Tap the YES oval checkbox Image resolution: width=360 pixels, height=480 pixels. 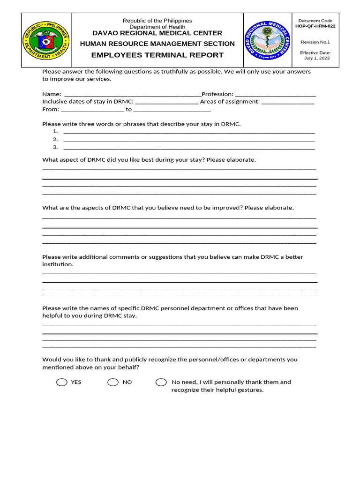click(x=62, y=382)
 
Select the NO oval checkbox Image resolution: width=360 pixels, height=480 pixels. click(x=113, y=382)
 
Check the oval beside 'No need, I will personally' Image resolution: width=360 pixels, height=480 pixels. click(x=161, y=382)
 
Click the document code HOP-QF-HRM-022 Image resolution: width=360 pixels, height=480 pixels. click(x=315, y=27)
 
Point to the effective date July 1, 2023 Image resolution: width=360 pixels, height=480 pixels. click(x=317, y=58)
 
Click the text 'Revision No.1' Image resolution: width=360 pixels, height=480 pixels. click(x=315, y=42)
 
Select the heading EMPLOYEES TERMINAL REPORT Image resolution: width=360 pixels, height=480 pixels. click(x=157, y=55)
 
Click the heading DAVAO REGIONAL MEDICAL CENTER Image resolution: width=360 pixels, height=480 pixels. click(x=157, y=33)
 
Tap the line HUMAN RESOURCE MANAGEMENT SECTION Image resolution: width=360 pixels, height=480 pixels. click(x=157, y=44)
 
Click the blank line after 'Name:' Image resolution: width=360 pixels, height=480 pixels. click(x=132, y=95)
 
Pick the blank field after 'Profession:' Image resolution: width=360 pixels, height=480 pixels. click(x=275, y=95)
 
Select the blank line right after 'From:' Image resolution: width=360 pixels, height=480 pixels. click(x=92, y=110)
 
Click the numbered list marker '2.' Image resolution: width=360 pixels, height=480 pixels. click(x=55, y=139)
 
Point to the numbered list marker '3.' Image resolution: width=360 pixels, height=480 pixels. click(x=55, y=147)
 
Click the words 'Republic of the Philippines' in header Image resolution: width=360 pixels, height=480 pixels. click(x=157, y=21)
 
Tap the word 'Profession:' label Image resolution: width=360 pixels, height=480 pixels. click(x=217, y=94)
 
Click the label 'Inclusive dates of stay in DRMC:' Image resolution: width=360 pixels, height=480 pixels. click(x=88, y=102)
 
